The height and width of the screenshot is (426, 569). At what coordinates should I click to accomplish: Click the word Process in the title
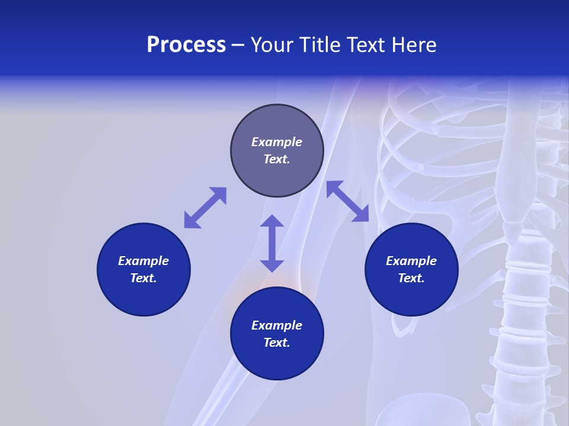point(186,45)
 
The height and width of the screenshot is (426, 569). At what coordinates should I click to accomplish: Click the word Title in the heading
point(318,45)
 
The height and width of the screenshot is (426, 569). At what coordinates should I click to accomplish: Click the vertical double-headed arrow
point(272,243)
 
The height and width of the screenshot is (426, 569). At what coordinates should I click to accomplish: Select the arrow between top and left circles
point(205,208)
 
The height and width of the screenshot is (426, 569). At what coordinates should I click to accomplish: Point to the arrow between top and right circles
point(348,201)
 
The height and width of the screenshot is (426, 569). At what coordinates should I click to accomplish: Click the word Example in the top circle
point(277,142)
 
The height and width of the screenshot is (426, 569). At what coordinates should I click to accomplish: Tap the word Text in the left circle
point(143,278)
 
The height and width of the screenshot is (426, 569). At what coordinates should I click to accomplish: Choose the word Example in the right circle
point(411,261)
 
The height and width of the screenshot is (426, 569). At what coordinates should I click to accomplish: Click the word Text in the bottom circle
point(277,343)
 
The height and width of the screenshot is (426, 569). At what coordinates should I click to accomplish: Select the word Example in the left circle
point(143,261)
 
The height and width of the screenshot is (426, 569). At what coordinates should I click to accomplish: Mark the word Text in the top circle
point(277,159)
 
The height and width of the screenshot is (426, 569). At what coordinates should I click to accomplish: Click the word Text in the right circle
point(411,278)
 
